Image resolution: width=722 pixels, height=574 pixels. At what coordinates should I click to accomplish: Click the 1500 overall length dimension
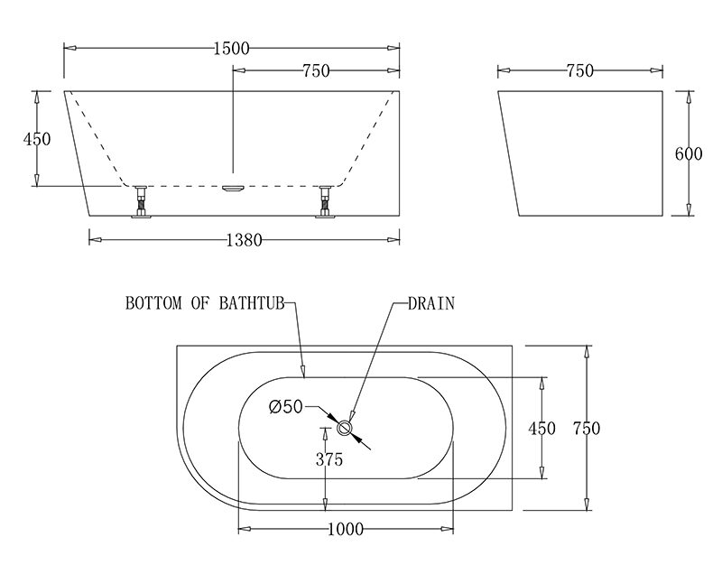coord(233,49)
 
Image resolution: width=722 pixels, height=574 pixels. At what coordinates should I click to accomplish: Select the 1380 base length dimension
coord(244,240)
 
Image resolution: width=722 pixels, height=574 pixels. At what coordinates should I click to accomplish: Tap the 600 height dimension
coord(689,153)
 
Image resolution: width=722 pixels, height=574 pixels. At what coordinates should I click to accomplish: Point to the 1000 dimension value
coord(344,529)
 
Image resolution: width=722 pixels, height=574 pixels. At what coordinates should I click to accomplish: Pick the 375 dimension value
coord(329,459)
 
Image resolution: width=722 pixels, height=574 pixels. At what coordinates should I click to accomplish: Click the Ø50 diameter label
coord(285,407)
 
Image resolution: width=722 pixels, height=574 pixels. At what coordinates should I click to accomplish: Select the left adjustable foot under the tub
coord(142,201)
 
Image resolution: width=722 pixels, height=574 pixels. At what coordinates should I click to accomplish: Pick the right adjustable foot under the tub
coord(325,201)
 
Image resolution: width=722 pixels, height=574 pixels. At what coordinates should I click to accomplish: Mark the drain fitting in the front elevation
coord(233,187)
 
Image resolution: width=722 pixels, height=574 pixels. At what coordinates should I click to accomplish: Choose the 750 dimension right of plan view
coord(587,429)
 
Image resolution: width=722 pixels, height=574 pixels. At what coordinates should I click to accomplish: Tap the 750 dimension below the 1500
coord(315,71)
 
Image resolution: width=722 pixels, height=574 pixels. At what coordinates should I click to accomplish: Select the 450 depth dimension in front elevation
coord(37,138)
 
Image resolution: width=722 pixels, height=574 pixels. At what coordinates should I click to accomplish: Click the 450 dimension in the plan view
coord(541,429)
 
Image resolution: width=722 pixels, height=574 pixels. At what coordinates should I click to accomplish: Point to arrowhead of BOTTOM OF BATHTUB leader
coord(305,372)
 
